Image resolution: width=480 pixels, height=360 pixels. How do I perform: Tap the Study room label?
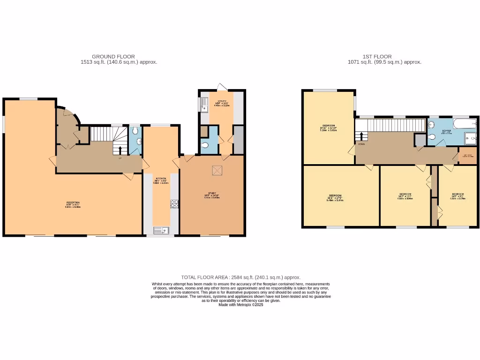(x=211, y=195)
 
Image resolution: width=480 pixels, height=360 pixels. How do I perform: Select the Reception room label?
(x=72, y=202)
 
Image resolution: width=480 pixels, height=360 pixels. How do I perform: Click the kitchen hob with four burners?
(x=174, y=203)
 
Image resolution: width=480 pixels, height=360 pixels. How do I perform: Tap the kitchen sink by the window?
(x=161, y=230)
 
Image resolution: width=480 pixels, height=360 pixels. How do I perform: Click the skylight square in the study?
(x=217, y=171)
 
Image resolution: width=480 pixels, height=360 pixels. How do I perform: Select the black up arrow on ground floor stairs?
(x=120, y=150)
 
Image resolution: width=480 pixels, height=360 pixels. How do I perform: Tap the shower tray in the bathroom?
(x=469, y=137)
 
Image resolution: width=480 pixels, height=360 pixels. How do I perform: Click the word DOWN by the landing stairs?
(x=361, y=144)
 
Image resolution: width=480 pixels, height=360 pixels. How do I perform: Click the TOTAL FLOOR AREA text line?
(x=241, y=277)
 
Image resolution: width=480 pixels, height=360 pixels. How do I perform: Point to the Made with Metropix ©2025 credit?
(x=241, y=305)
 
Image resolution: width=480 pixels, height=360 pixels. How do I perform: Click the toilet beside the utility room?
(x=204, y=145)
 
